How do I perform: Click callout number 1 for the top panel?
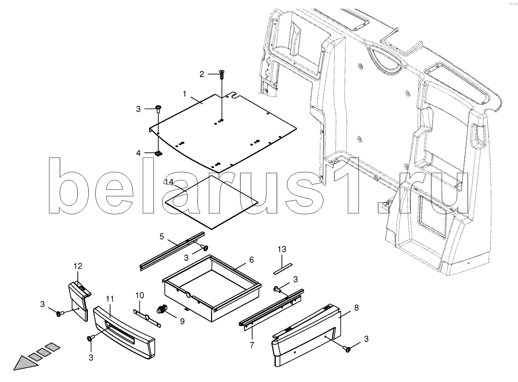(x=184, y=94)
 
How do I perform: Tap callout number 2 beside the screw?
(x=202, y=74)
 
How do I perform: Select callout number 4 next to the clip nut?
(x=139, y=153)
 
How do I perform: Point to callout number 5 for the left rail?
(x=162, y=236)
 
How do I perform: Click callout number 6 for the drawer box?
(x=251, y=260)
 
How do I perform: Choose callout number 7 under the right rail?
(x=252, y=345)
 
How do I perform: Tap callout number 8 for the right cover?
(x=356, y=308)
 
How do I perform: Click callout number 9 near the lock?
(x=182, y=321)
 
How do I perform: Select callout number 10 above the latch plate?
(x=140, y=295)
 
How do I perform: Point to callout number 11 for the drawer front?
(x=110, y=299)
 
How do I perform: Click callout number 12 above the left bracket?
(x=78, y=266)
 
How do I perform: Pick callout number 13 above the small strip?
(x=282, y=249)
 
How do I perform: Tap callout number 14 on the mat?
(x=169, y=182)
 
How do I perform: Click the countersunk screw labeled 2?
(x=222, y=75)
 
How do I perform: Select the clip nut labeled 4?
(x=159, y=153)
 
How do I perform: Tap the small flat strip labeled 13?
(x=283, y=269)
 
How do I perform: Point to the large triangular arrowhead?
(x=26, y=362)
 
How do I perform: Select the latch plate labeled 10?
(x=147, y=318)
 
